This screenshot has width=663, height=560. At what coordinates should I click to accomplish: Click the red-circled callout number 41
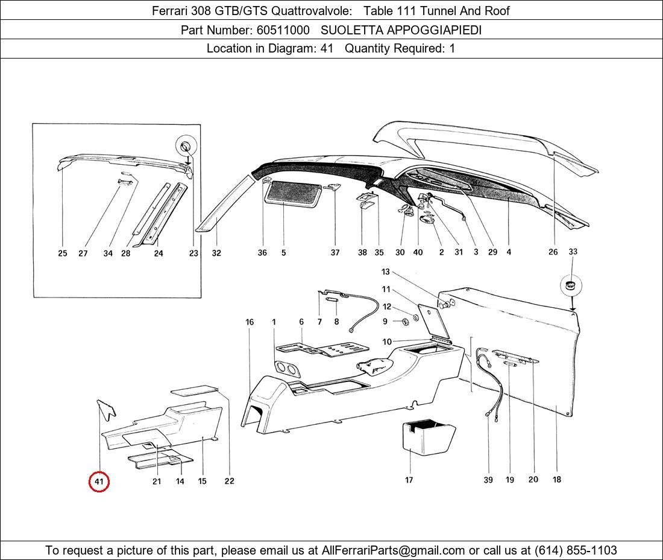point(99,482)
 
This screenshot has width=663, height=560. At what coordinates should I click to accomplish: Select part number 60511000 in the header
point(283,30)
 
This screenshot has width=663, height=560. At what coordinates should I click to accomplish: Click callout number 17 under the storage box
point(409,480)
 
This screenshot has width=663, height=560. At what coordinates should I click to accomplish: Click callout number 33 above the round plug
point(573,252)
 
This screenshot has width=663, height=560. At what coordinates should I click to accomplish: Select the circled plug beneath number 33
point(571,285)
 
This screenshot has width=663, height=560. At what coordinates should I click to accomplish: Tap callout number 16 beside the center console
point(250,322)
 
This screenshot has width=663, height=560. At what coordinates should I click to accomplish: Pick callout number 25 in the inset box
point(63,253)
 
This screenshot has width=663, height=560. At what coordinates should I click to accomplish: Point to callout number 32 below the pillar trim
point(216,253)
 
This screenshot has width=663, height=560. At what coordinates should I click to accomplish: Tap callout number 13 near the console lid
point(385,272)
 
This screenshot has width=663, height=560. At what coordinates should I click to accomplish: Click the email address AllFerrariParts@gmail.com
point(393,550)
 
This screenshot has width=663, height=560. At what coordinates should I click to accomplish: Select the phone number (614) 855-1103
point(576,550)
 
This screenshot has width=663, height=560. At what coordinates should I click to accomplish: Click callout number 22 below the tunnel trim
point(229,481)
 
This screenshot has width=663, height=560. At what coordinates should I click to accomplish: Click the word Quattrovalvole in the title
point(311,11)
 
